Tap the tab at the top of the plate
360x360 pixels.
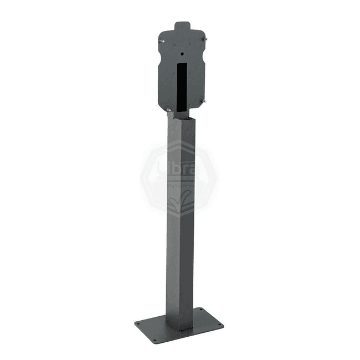(182, 26)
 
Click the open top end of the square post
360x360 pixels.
(182, 115)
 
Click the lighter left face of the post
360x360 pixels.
(173, 222)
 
